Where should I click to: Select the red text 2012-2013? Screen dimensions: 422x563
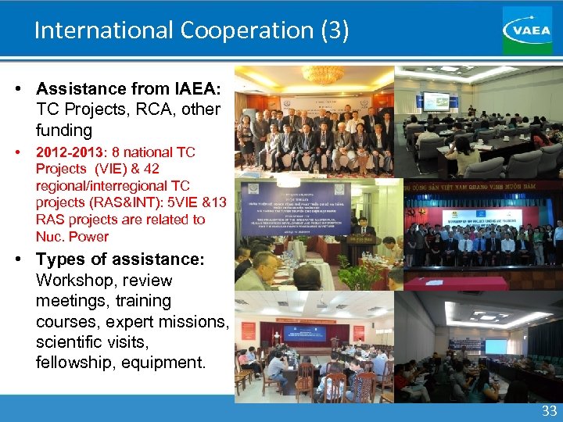65,152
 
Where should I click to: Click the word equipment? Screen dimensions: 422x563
165,363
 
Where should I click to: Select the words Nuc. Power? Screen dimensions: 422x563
72,237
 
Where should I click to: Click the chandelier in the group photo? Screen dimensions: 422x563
322,75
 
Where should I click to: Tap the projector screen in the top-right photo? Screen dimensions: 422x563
436,102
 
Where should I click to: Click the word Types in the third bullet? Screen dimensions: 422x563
66,259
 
